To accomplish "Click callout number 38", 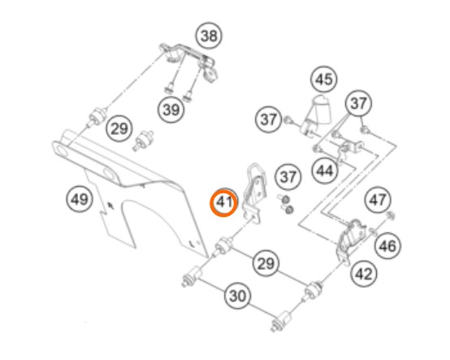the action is [209, 37].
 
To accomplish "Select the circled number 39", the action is [171, 110].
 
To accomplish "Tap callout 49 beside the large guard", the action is [80, 199].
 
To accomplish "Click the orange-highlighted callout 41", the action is [224, 202].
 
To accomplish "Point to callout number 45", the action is [324, 79].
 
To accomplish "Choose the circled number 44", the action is [325, 171].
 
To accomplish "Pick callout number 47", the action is [378, 200].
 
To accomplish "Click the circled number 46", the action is [387, 245].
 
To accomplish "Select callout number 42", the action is [364, 274].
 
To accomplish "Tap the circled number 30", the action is [238, 296].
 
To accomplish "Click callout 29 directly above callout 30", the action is [266, 263].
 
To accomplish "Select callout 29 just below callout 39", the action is [119, 128].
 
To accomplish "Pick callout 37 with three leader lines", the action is [358, 102].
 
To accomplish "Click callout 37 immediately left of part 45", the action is [269, 119].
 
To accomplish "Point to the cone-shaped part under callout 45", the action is [316, 115].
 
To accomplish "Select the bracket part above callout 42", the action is [351, 241].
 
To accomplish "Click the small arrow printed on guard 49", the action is [110, 205].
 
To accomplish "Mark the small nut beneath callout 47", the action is [390, 216].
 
